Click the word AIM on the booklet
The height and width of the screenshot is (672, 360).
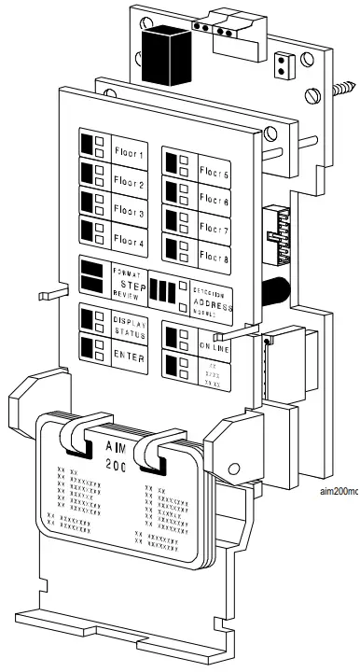click(116, 444)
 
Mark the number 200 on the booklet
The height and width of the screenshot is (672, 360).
click(115, 465)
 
